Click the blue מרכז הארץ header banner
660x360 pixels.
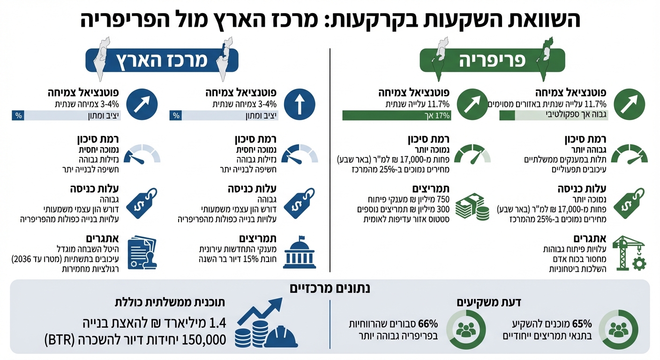point(162,61)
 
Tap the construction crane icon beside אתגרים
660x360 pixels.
point(631,253)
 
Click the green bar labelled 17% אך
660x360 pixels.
point(397,115)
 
